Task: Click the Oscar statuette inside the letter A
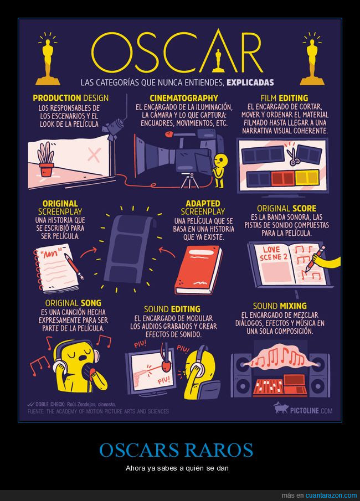218,61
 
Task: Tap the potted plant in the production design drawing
46,159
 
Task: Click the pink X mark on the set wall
94,155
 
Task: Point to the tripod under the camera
190,180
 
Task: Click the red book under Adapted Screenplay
198,270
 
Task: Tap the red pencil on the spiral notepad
74,266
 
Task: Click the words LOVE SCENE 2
274,254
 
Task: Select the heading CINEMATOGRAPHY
184,98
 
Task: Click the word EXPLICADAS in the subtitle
250,82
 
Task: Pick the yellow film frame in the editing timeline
307,178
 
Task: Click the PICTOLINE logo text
311,411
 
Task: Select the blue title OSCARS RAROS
176,450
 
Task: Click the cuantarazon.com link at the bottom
331,495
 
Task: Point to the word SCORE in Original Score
305,209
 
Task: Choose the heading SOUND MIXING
280,306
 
